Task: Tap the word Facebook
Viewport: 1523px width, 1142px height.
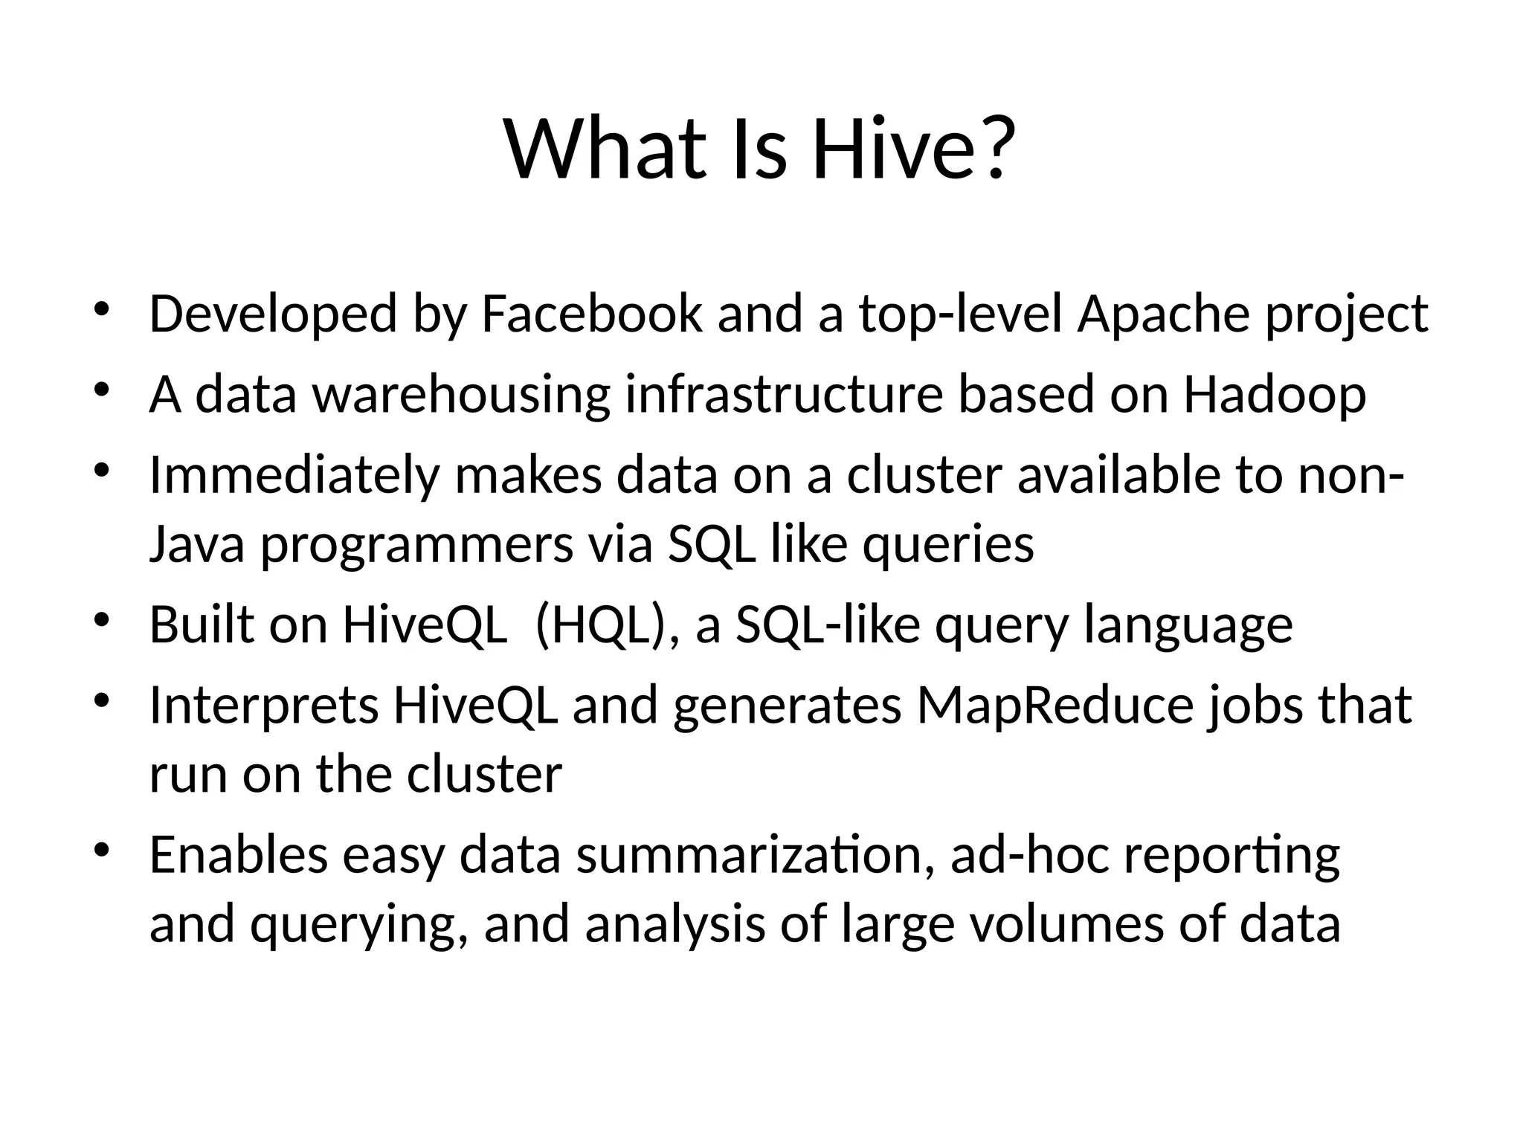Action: click(591, 314)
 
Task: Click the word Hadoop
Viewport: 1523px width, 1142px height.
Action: click(1275, 394)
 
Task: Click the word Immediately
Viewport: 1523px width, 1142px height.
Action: click(294, 476)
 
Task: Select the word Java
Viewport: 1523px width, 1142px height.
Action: click(196, 544)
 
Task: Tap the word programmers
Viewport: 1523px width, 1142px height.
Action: click(416, 544)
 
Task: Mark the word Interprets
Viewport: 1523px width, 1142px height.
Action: click(264, 705)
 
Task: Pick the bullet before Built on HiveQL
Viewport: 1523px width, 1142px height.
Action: click(102, 619)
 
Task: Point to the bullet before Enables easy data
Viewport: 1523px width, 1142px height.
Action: click(102, 849)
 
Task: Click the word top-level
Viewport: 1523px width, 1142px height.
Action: click(961, 314)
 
